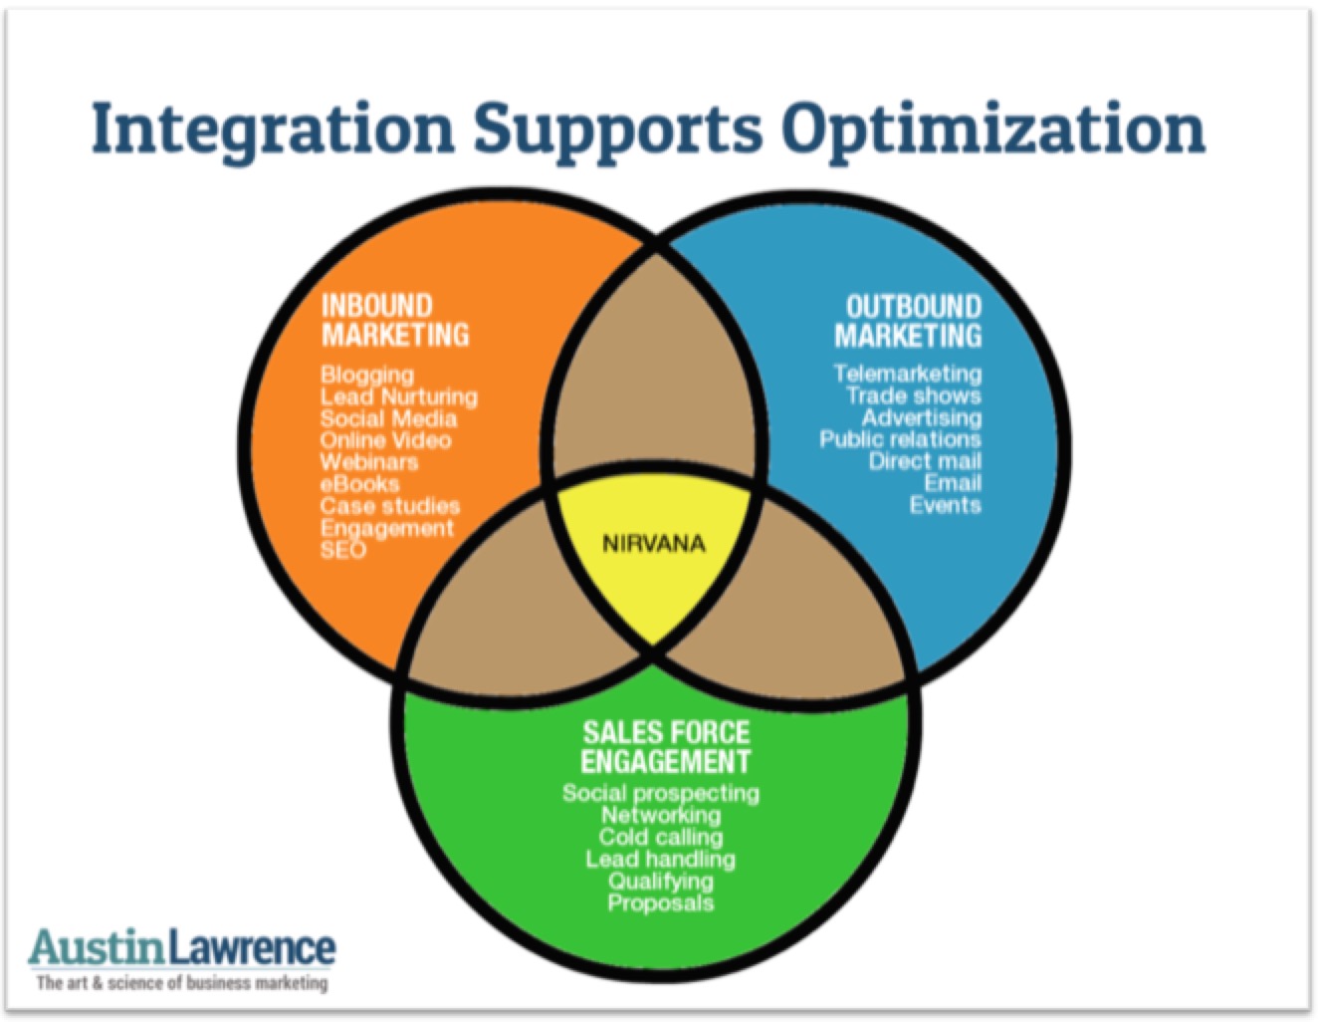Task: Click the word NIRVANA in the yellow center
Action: click(653, 544)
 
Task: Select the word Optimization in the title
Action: click(992, 129)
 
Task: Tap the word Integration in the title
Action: click(272, 129)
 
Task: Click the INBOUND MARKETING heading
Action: click(394, 320)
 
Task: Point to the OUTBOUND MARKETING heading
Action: click(908, 321)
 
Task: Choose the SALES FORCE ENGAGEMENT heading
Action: click(665, 747)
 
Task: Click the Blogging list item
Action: click(366, 375)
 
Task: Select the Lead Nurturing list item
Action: click(398, 396)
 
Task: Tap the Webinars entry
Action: click(368, 462)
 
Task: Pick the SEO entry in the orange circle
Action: click(342, 550)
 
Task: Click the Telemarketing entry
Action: click(907, 374)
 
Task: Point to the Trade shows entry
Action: click(913, 395)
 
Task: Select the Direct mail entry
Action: click(924, 461)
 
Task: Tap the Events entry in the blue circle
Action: click(945, 505)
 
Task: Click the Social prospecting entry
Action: click(660, 793)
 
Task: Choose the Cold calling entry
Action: click(660, 837)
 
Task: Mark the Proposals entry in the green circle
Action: click(660, 903)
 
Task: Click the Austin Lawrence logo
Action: click(183, 946)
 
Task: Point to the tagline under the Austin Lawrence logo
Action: click(182, 983)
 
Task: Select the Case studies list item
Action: click(389, 506)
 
